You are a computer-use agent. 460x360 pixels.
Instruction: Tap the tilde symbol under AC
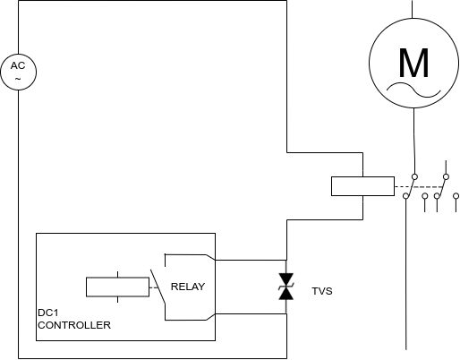(x=18, y=79)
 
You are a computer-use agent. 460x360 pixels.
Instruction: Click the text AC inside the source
(x=18, y=65)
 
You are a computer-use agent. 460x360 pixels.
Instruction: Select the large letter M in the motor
(x=413, y=63)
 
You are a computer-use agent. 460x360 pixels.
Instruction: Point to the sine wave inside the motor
(x=413, y=90)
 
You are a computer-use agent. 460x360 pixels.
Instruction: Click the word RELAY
(x=188, y=287)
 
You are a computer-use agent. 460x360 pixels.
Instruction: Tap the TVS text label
(x=322, y=291)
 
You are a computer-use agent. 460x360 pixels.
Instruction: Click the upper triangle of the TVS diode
(x=286, y=279)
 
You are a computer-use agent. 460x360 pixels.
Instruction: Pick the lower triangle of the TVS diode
(x=286, y=294)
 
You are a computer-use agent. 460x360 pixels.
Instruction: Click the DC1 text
(x=48, y=313)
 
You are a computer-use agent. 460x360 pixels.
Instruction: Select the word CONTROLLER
(x=74, y=325)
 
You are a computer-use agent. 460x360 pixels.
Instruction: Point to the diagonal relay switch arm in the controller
(x=158, y=287)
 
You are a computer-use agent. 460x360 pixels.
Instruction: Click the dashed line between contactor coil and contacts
(x=419, y=187)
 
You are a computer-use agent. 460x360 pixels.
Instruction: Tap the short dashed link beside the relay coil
(x=153, y=287)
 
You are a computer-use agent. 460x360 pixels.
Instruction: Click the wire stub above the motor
(x=412, y=9)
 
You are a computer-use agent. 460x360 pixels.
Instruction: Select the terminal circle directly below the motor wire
(x=414, y=176)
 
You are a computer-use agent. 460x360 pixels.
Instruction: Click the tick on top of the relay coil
(x=118, y=274)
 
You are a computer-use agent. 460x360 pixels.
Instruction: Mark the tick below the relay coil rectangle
(x=118, y=299)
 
